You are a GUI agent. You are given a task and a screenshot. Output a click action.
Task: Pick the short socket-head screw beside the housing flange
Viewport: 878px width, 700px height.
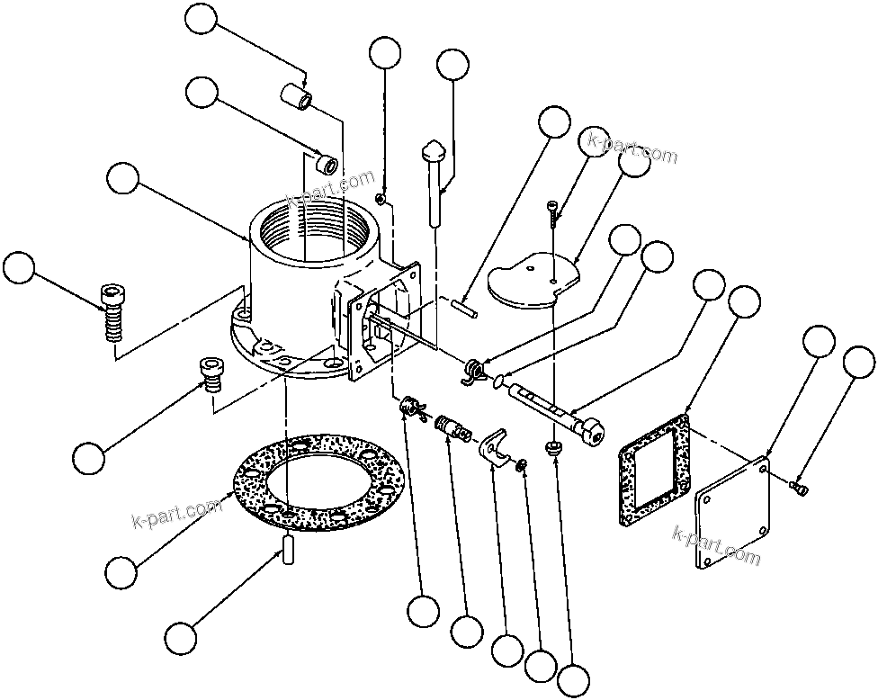tap(210, 372)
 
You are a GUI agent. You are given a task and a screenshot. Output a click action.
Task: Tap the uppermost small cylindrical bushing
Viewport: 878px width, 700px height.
tap(299, 94)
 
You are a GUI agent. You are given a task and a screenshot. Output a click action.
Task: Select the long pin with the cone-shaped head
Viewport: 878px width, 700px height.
tap(434, 180)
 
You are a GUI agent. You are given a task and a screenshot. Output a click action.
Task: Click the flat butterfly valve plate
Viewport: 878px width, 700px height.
tap(531, 283)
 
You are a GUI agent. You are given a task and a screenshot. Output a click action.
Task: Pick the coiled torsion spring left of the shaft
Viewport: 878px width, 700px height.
tap(473, 372)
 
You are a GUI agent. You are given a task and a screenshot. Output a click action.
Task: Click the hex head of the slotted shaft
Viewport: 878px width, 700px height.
tap(594, 435)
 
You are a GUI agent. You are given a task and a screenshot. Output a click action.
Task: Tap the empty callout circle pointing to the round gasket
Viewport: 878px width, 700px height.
tap(121, 570)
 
